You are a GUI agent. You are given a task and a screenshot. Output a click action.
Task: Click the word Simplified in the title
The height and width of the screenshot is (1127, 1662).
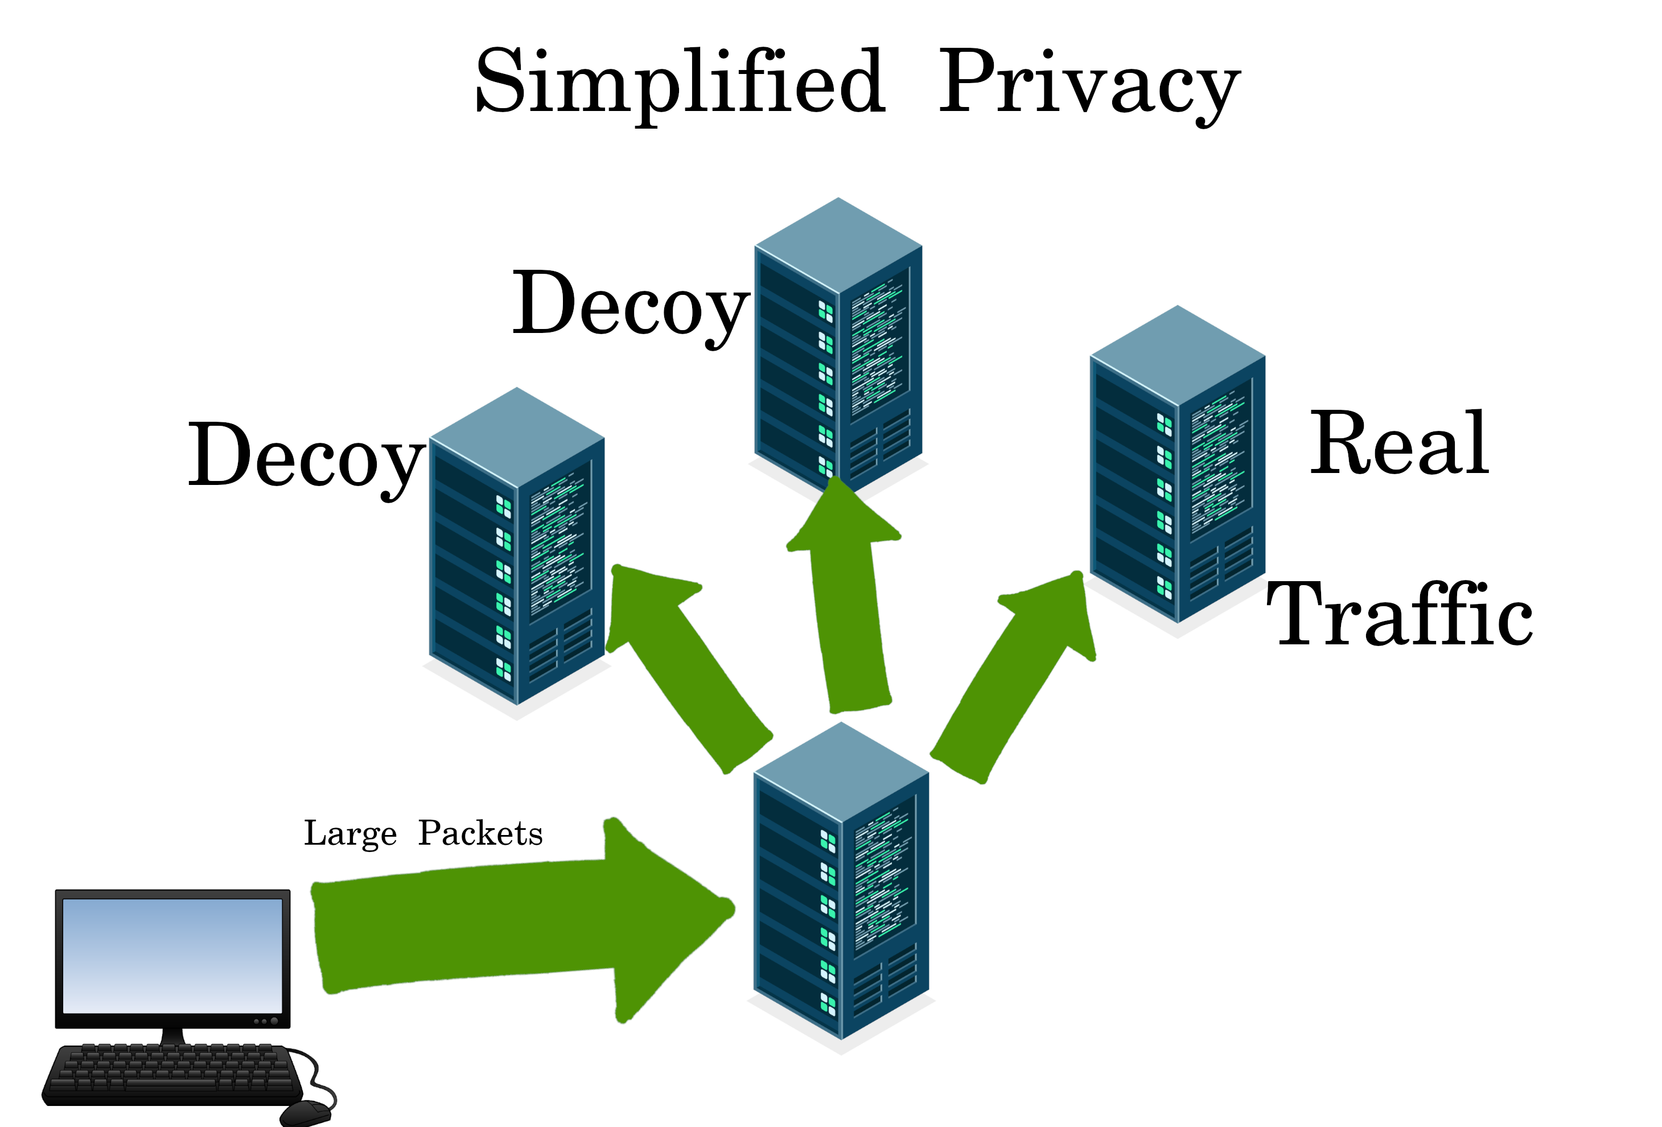[680, 82]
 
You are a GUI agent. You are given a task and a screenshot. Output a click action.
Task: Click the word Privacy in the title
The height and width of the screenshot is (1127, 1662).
[1088, 82]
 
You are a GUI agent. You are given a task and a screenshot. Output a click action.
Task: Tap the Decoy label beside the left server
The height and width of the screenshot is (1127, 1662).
[306, 456]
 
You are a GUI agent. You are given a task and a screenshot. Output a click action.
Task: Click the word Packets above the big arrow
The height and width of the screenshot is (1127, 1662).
[480, 834]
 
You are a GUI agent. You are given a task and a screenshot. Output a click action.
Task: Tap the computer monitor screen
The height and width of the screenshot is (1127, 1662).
[172, 955]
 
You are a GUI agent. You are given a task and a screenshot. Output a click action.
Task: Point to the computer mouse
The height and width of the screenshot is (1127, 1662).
[306, 1112]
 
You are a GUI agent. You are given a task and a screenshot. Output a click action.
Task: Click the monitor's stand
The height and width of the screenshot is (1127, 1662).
[172, 1035]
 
